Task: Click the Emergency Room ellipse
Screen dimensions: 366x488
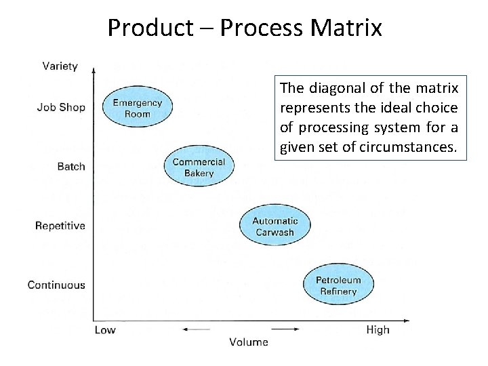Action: (137, 108)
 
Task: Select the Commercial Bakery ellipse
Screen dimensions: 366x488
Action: (199, 167)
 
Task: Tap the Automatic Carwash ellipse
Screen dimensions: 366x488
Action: (274, 226)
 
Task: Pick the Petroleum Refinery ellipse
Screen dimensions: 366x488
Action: (338, 285)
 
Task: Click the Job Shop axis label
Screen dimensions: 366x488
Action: (61, 107)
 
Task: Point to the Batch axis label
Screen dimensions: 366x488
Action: (71, 166)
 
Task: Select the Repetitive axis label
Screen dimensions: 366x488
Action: (60, 226)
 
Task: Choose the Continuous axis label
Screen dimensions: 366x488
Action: (56, 285)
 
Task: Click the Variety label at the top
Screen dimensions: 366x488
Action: (60, 66)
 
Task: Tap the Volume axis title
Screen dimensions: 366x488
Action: (248, 342)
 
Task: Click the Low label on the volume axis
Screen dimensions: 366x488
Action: (105, 330)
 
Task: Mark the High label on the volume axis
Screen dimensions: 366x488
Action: (378, 330)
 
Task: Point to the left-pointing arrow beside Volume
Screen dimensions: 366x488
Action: (197, 330)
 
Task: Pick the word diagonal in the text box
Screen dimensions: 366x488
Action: (335, 89)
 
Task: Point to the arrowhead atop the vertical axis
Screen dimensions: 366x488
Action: (94, 69)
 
